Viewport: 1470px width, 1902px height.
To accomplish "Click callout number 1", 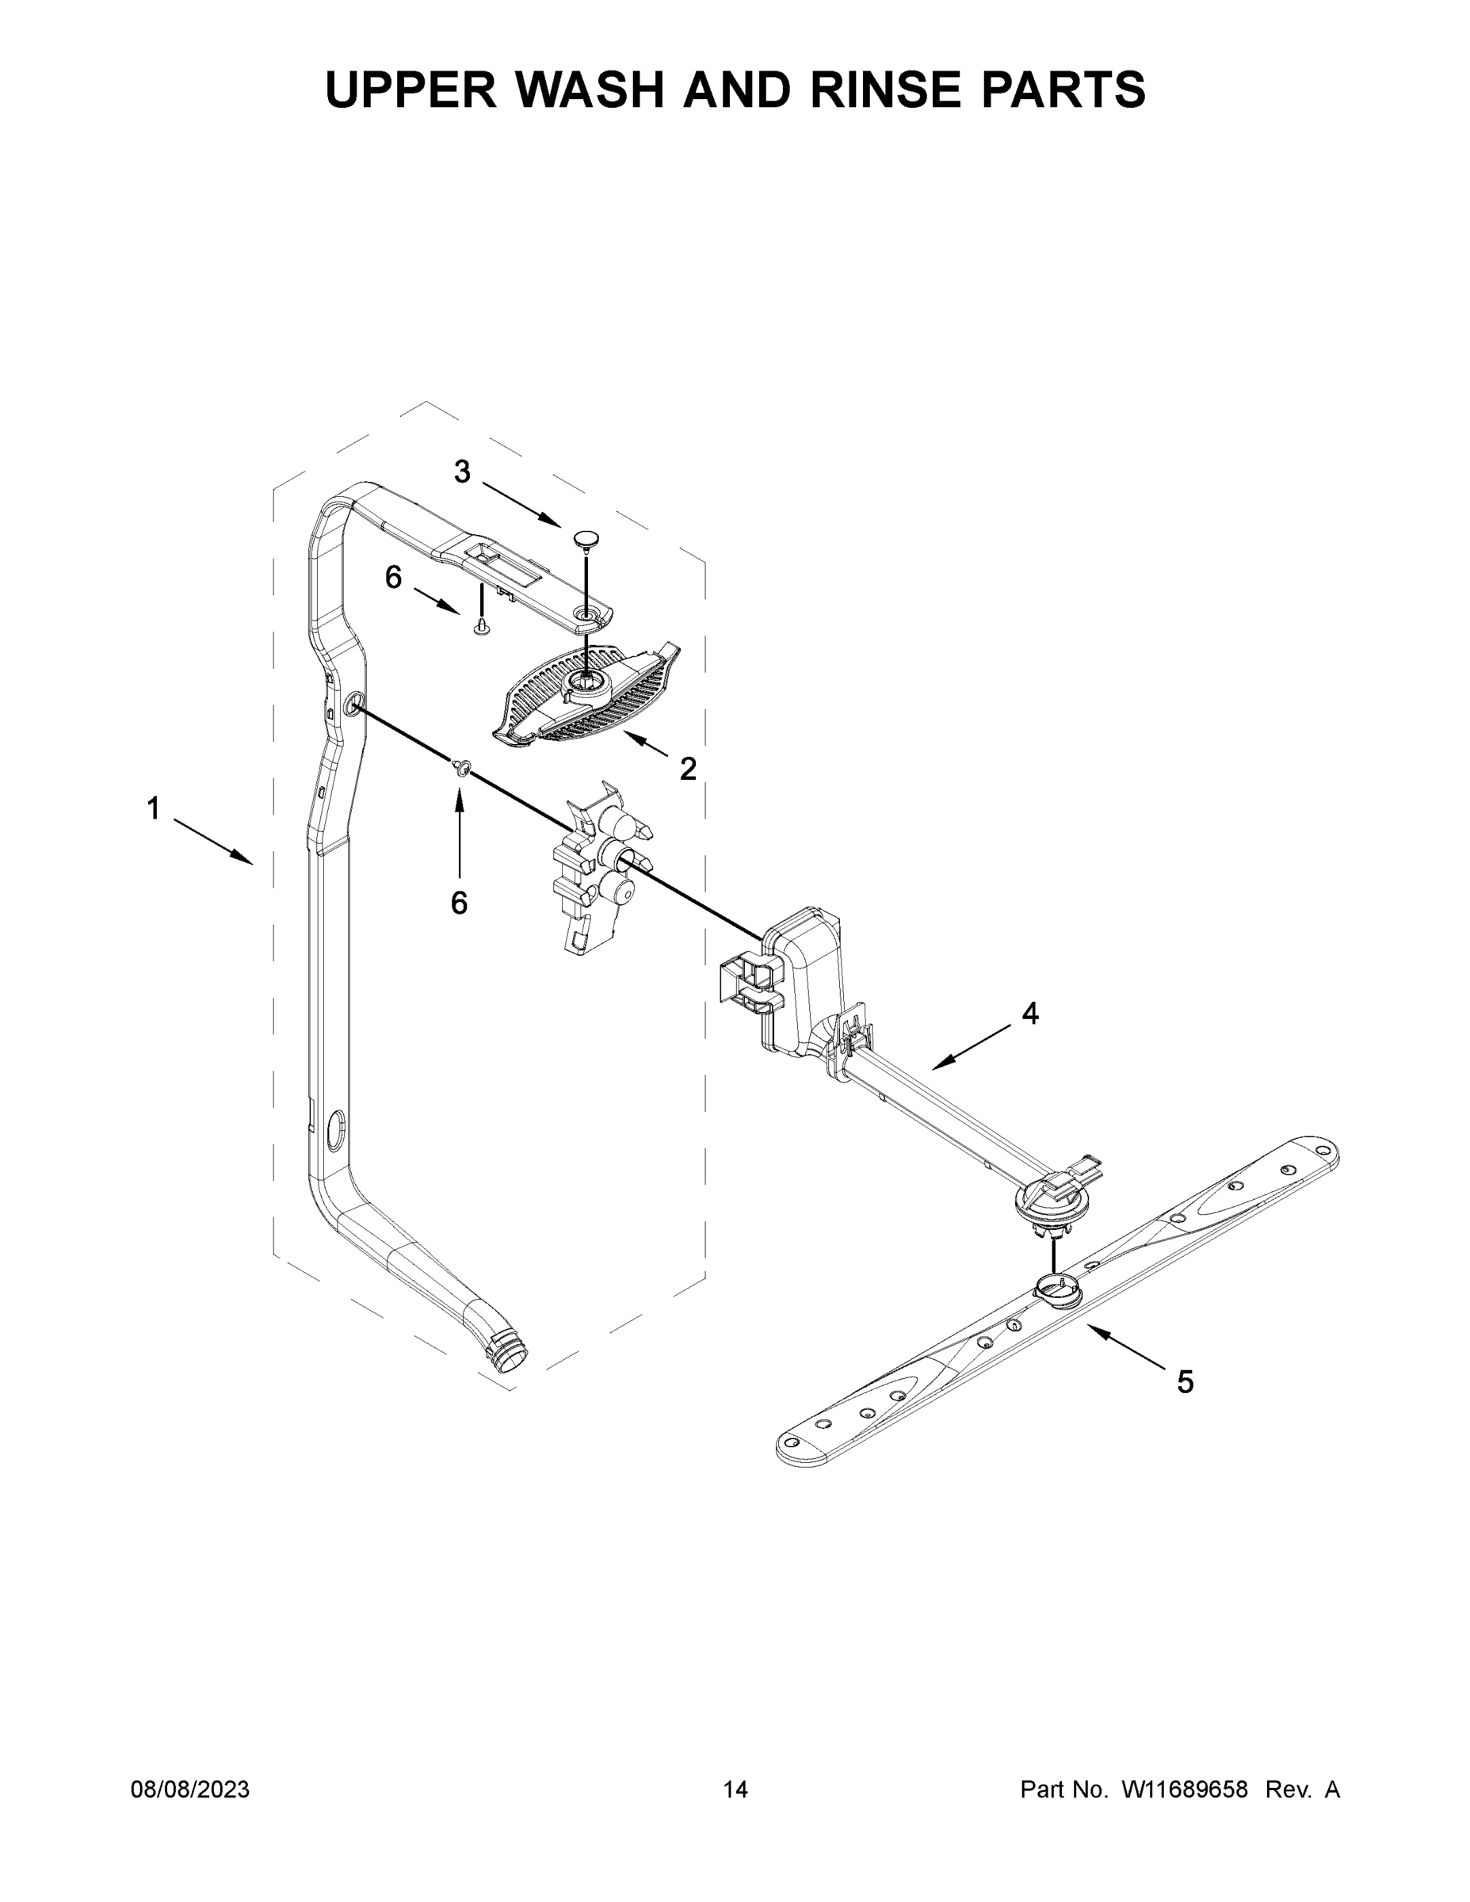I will tap(153, 809).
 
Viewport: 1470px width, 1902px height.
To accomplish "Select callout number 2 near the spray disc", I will tap(688, 768).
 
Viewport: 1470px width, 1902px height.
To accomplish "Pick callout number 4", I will tap(1030, 1013).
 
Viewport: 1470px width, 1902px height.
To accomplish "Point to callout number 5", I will tap(1186, 1381).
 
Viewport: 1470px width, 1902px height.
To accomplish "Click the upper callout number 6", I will tap(394, 576).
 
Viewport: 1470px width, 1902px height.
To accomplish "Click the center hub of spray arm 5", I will tap(1056, 1285).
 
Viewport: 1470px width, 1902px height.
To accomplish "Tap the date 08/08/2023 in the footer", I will tap(190, 1789).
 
